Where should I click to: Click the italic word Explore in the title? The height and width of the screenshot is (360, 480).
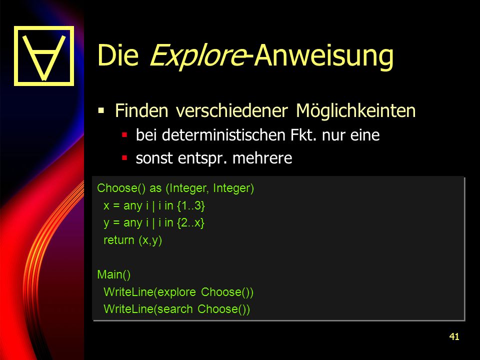click(x=197, y=55)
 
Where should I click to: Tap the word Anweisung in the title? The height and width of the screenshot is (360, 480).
click(x=323, y=56)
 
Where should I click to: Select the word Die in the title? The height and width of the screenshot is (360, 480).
click(x=118, y=55)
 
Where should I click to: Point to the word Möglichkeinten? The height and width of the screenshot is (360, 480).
click(x=355, y=111)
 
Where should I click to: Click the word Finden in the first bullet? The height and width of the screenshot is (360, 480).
click(x=141, y=110)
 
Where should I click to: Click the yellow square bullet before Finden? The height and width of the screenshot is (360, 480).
click(x=101, y=110)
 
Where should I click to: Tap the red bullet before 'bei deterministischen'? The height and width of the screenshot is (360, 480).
click(x=124, y=134)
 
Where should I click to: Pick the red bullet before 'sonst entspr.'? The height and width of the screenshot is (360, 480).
click(x=124, y=158)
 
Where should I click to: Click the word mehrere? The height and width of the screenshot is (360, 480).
click(x=262, y=158)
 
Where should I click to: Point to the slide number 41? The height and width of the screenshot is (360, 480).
click(x=454, y=336)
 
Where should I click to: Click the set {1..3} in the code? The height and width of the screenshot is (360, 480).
click(x=190, y=205)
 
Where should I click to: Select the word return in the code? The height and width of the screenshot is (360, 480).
click(x=119, y=240)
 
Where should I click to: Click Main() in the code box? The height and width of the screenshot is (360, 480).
click(x=114, y=274)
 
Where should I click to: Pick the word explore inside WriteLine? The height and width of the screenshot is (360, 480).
click(x=176, y=292)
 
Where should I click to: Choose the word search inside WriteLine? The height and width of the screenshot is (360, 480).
click(x=175, y=309)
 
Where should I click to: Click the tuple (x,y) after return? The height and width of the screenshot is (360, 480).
click(x=150, y=240)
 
